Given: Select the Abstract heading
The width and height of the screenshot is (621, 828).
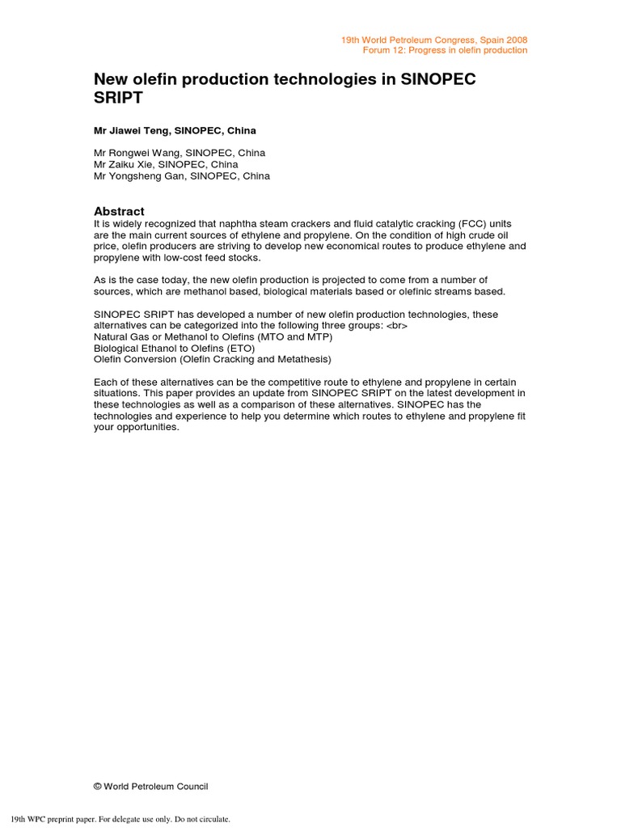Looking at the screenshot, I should pos(119,211).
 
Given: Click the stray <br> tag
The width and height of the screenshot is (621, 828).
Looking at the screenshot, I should pos(397,325).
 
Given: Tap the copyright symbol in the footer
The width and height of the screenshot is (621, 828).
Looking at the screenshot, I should pos(98,786).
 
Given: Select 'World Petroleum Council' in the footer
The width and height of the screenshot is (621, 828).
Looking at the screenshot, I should pos(156,786).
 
